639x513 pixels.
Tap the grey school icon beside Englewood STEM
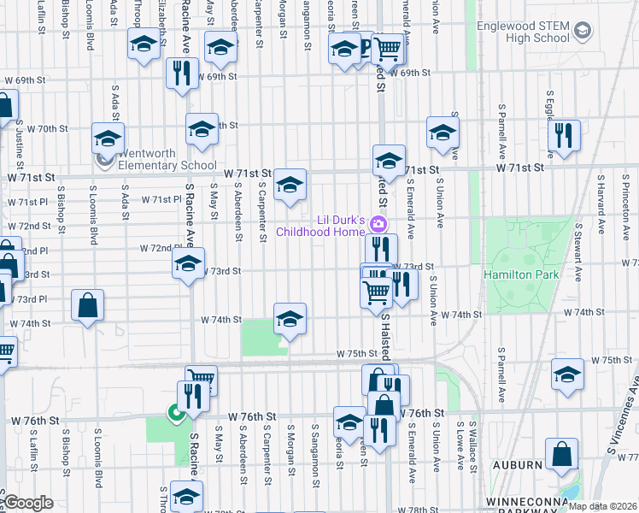(x=583, y=32)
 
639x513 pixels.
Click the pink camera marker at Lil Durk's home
(x=381, y=225)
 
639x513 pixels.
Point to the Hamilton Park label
(x=520, y=274)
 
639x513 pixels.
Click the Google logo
(x=29, y=503)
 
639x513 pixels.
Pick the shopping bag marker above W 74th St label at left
(x=88, y=305)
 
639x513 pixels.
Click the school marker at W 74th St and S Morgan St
(x=290, y=319)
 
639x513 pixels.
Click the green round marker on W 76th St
(x=176, y=414)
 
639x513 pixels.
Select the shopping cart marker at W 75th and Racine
(x=201, y=378)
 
